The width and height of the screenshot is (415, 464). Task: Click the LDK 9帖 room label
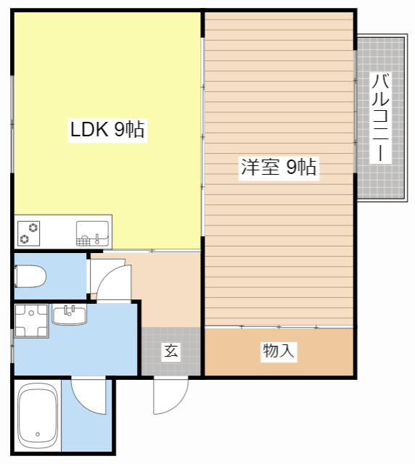pyautogui.click(x=107, y=130)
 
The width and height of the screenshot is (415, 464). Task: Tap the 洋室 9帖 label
pyautogui.click(x=279, y=167)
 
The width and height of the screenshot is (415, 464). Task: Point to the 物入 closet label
pyautogui.click(x=279, y=352)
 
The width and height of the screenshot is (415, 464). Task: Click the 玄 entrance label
pyautogui.click(x=171, y=352)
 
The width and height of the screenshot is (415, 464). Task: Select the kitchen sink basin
pyautogui.click(x=93, y=232)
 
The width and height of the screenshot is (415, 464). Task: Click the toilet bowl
pyautogui.click(x=30, y=275)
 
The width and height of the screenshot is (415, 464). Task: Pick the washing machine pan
pyautogui.click(x=31, y=323)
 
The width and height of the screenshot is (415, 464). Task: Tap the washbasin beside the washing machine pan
pyautogui.click(x=69, y=315)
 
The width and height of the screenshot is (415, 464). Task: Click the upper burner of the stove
pyautogui.click(x=33, y=226)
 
